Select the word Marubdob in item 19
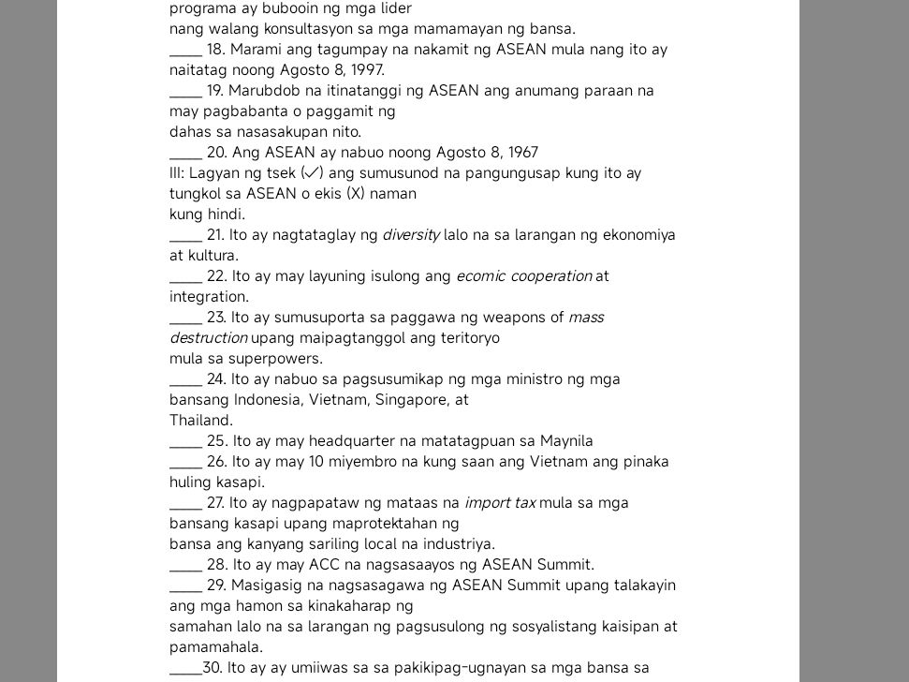click(260, 91)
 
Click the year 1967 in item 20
click(520, 153)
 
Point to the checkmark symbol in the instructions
click(313, 173)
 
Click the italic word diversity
click(411, 235)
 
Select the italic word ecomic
click(480, 276)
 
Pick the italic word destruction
click(208, 338)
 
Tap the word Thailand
click(201, 421)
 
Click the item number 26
click(216, 462)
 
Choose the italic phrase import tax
click(500, 503)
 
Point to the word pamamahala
click(216, 647)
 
